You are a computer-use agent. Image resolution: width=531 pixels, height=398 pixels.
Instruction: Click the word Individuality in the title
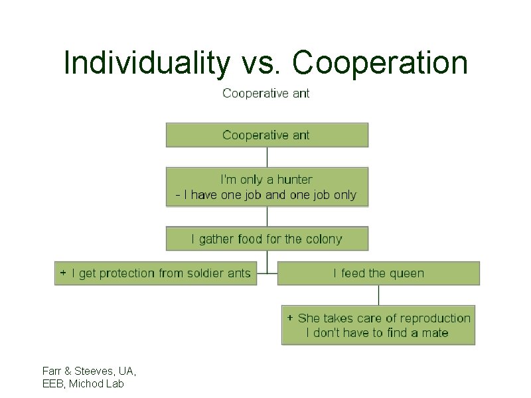point(146,64)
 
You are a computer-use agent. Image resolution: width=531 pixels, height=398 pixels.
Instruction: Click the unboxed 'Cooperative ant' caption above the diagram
point(266,94)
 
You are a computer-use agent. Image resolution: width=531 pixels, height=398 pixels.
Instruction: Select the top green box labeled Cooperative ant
point(266,135)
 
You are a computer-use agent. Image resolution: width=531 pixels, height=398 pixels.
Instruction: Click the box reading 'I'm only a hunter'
point(266,187)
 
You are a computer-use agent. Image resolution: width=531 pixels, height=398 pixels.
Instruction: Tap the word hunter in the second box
point(295,180)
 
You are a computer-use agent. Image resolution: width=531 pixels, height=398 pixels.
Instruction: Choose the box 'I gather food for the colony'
point(266,239)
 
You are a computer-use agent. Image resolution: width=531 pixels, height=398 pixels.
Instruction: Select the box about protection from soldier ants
point(155,273)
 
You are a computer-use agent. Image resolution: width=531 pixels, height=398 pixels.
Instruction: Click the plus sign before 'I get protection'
point(63,273)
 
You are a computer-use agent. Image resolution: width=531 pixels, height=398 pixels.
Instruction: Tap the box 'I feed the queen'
point(378,273)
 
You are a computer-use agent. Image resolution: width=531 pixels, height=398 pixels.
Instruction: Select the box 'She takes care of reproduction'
point(378,325)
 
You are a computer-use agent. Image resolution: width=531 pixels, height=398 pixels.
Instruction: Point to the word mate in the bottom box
point(435,333)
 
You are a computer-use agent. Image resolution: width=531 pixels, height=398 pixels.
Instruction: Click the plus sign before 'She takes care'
point(290,318)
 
